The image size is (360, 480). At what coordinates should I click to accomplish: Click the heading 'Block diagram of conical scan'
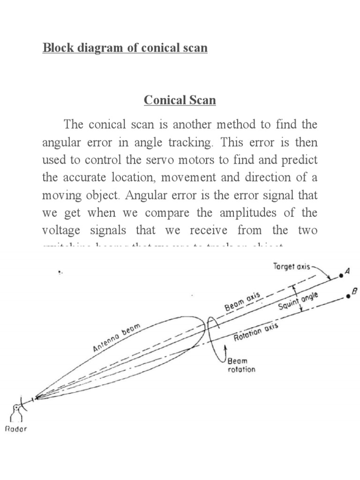coord(125,48)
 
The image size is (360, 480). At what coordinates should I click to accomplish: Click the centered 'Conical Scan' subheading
coord(180,100)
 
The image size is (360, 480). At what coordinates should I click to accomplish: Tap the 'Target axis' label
coord(292,266)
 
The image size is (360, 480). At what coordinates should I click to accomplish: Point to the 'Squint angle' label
coord(299,301)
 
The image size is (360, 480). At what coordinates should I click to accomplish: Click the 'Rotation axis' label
coord(256,332)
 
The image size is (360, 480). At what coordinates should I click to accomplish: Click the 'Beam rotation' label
coord(241,365)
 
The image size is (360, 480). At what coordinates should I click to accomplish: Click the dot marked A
coord(341,276)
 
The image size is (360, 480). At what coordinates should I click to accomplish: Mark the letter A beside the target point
coord(348,270)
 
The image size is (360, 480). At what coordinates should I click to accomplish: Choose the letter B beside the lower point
coord(354,292)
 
